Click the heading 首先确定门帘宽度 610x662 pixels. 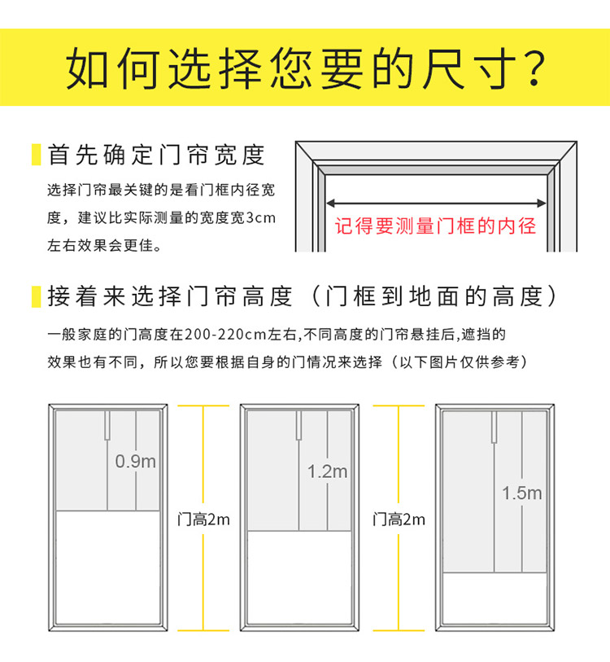click(x=157, y=155)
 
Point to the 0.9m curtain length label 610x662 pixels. click(x=135, y=461)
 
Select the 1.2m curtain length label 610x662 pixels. click(x=327, y=471)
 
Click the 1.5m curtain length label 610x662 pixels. click(x=521, y=493)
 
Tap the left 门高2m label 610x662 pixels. click(x=203, y=520)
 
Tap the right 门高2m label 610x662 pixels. click(x=399, y=520)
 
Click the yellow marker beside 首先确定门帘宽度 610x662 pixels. click(x=36, y=155)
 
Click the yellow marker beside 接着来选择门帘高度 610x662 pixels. click(x=36, y=296)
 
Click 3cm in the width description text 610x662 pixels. click(x=260, y=218)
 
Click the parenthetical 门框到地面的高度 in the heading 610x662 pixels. click(x=440, y=296)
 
